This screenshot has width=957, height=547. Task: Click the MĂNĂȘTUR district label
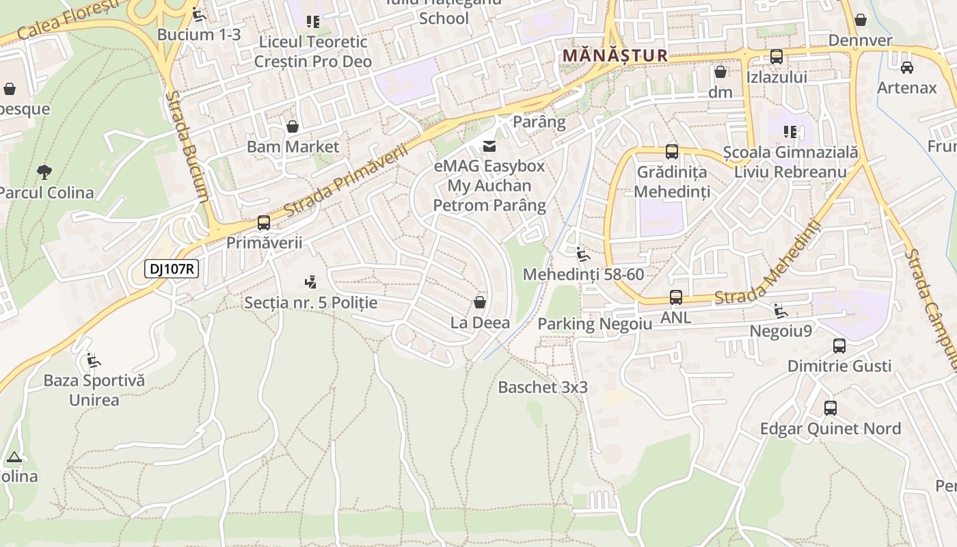pos(615,55)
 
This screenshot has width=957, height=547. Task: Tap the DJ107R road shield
pos(172,269)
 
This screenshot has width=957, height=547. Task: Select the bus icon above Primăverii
pos(264,222)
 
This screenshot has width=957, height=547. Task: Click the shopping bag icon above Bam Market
pos(293,126)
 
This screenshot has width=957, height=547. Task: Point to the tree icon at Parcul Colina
pos(44,171)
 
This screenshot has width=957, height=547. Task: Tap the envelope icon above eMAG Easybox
pos(489,146)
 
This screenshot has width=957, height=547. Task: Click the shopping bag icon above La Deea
pos(480,302)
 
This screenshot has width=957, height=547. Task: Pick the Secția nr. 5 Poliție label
pos(310,302)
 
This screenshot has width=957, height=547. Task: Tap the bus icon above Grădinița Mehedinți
pos(672,152)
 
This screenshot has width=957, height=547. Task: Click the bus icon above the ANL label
pos(675,297)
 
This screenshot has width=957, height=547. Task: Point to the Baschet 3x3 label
pos(543,387)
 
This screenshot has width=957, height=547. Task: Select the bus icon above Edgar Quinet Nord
pos(831,408)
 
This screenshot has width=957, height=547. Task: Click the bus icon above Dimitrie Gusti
pos(839,346)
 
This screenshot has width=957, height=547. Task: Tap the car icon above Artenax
pos(907,67)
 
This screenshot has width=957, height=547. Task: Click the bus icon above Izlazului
pos(777,57)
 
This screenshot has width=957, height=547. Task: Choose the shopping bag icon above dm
pos(720,72)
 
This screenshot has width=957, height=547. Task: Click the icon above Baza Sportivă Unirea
pos(94,360)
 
